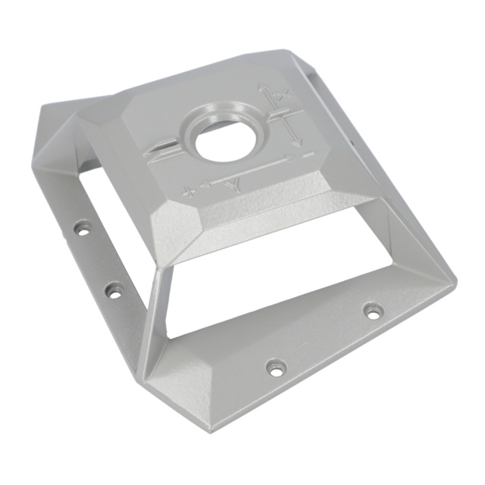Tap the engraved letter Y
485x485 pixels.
pos(236,186)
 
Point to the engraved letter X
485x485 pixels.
pos(281,96)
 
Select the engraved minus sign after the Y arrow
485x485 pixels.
pos(308,155)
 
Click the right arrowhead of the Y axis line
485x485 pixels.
pos(289,158)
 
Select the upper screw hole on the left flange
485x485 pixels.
pos(81,227)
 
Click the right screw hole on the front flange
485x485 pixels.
pos(372,310)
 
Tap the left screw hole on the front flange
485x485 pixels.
pos(277,368)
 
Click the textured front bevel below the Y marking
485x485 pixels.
pos(250,216)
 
